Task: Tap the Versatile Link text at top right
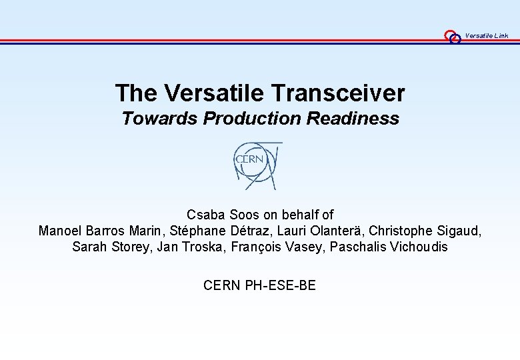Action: click(x=487, y=35)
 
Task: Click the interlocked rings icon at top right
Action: click(x=453, y=37)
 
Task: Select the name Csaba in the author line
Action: click(x=206, y=215)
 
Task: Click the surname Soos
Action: click(x=244, y=215)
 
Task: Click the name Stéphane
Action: click(x=199, y=231)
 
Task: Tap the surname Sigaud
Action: click(x=457, y=231)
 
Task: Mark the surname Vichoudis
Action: click(x=417, y=247)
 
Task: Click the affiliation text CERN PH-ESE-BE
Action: click(x=259, y=286)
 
